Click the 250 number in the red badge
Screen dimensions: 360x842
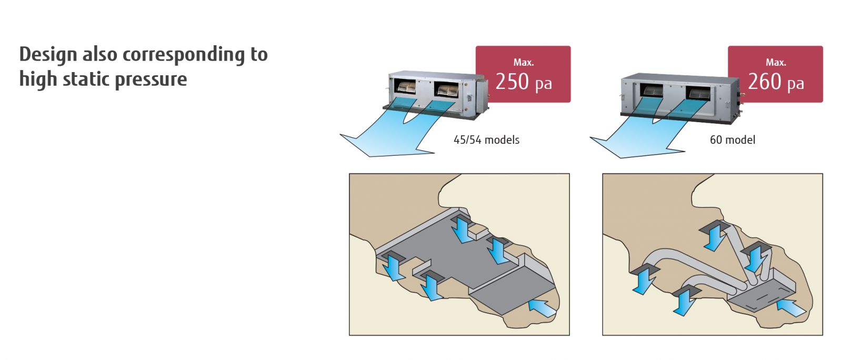pyautogui.click(x=512, y=82)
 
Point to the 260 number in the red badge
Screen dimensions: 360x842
pyautogui.click(x=764, y=82)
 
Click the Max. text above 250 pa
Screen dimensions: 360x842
pyautogui.click(x=523, y=62)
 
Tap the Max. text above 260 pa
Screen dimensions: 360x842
pyautogui.click(x=776, y=62)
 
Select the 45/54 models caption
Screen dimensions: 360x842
pyautogui.click(x=486, y=140)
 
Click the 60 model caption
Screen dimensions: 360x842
pyautogui.click(x=733, y=140)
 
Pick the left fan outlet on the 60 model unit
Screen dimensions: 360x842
pyautogui.click(x=654, y=91)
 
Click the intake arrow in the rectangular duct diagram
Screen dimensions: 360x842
pyautogui.click(x=542, y=307)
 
